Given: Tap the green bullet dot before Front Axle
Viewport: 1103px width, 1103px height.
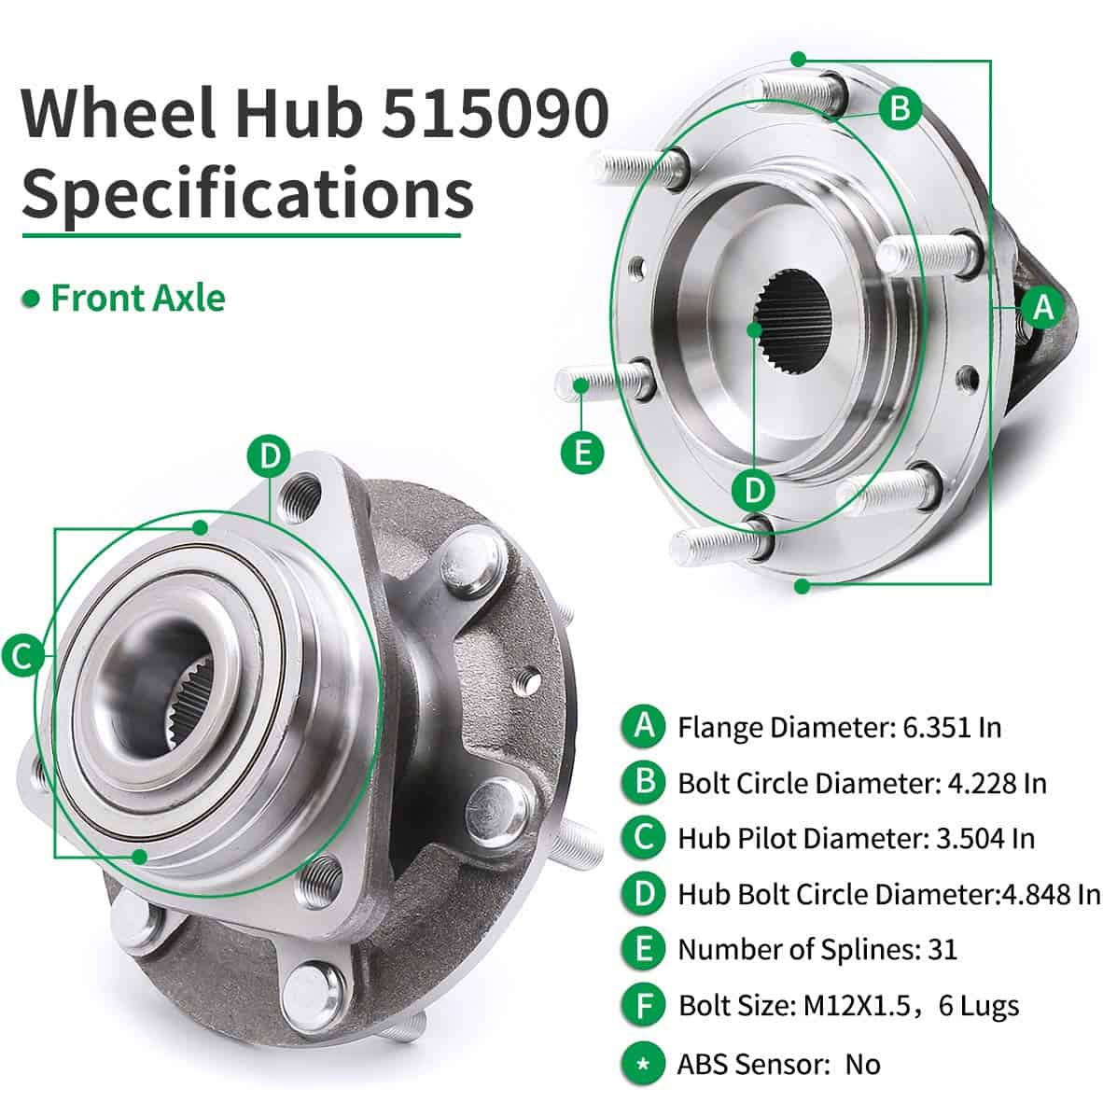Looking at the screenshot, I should [33, 299].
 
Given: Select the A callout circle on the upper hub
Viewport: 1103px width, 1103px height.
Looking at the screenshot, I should [1042, 307].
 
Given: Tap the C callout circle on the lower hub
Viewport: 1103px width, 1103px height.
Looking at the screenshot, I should [22, 655].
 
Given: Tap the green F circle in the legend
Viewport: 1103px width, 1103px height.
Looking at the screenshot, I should [643, 1005].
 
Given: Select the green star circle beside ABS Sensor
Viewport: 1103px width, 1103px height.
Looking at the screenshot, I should [643, 1063].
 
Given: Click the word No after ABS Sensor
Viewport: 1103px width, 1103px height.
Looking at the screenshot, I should [863, 1064].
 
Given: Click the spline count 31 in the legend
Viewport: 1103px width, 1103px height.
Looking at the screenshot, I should [942, 950].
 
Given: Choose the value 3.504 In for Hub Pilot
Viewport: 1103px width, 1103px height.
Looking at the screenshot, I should [984, 838].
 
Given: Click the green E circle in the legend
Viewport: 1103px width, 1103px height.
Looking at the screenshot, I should [643, 949].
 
